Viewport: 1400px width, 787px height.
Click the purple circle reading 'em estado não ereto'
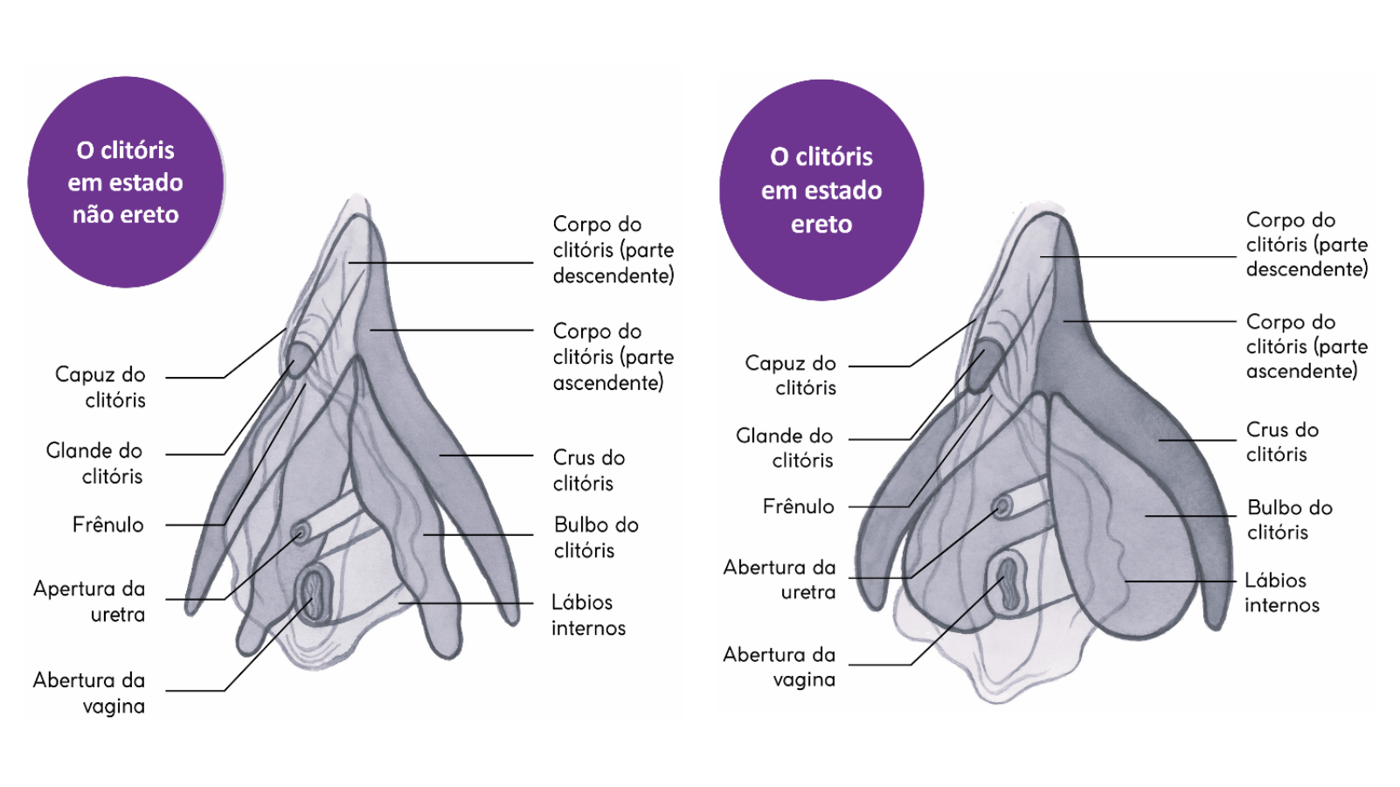[x=126, y=182]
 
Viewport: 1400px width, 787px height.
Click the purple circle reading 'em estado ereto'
[x=821, y=190]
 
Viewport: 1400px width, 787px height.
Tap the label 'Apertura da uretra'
[x=89, y=601]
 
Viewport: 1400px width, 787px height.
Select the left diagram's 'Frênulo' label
[x=107, y=525]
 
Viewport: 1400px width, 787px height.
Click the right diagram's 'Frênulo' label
[x=798, y=506]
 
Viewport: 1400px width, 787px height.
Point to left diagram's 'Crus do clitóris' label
[x=588, y=470]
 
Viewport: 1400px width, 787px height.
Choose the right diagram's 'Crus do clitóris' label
[x=1282, y=442]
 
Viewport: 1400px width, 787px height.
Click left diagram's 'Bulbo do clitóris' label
[x=596, y=537]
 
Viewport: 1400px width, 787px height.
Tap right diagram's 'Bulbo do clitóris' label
[x=1289, y=519]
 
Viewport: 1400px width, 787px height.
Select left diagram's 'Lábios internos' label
[x=588, y=615]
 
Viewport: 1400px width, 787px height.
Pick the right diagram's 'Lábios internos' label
[x=1281, y=592]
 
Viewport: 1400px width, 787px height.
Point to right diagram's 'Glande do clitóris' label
[x=785, y=448]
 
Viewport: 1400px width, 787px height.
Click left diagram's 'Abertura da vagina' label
[x=89, y=693]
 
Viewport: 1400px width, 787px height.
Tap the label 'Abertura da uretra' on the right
[x=780, y=579]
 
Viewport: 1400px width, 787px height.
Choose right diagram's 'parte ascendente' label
[x=1306, y=346]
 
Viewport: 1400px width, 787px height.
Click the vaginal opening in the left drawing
[x=314, y=593]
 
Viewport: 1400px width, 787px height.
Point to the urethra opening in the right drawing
[x=1001, y=505]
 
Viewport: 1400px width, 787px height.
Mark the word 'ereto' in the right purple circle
[x=821, y=225]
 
